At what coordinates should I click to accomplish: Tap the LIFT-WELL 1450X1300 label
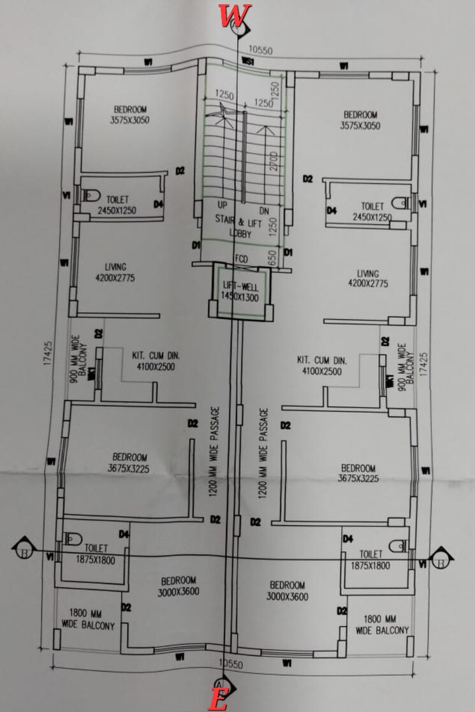tap(237, 291)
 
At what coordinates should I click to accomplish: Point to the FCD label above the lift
tap(241, 259)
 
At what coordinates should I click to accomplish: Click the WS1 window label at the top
tap(248, 61)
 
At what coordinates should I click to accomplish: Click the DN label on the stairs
tap(265, 211)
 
